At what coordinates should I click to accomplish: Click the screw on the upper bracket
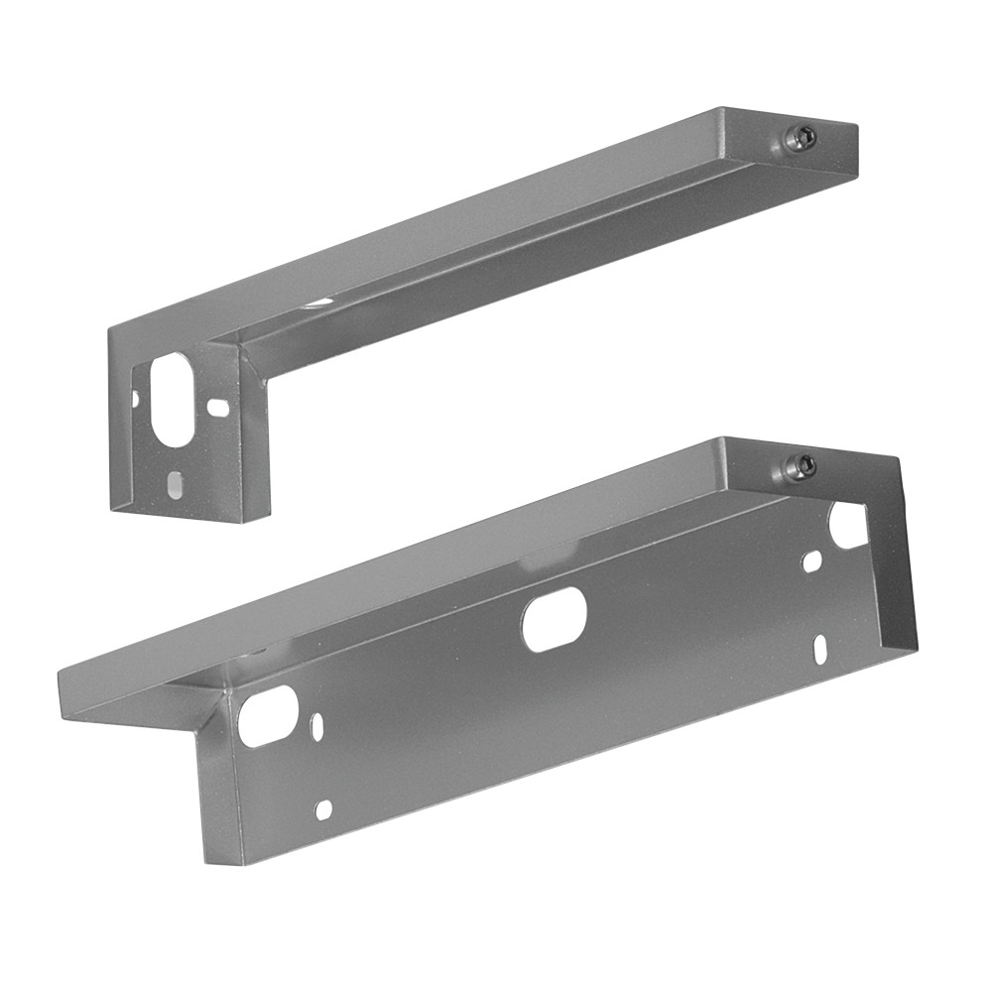(x=800, y=140)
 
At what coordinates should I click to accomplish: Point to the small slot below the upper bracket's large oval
(x=175, y=486)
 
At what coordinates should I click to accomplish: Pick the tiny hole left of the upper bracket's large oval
(x=136, y=398)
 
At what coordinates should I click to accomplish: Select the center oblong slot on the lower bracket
(x=555, y=619)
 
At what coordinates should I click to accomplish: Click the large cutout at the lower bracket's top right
(x=848, y=525)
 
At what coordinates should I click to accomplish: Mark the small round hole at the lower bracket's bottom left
(x=323, y=809)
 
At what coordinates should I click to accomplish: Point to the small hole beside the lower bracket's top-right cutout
(x=811, y=561)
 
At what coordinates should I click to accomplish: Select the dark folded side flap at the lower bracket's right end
(x=895, y=556)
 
